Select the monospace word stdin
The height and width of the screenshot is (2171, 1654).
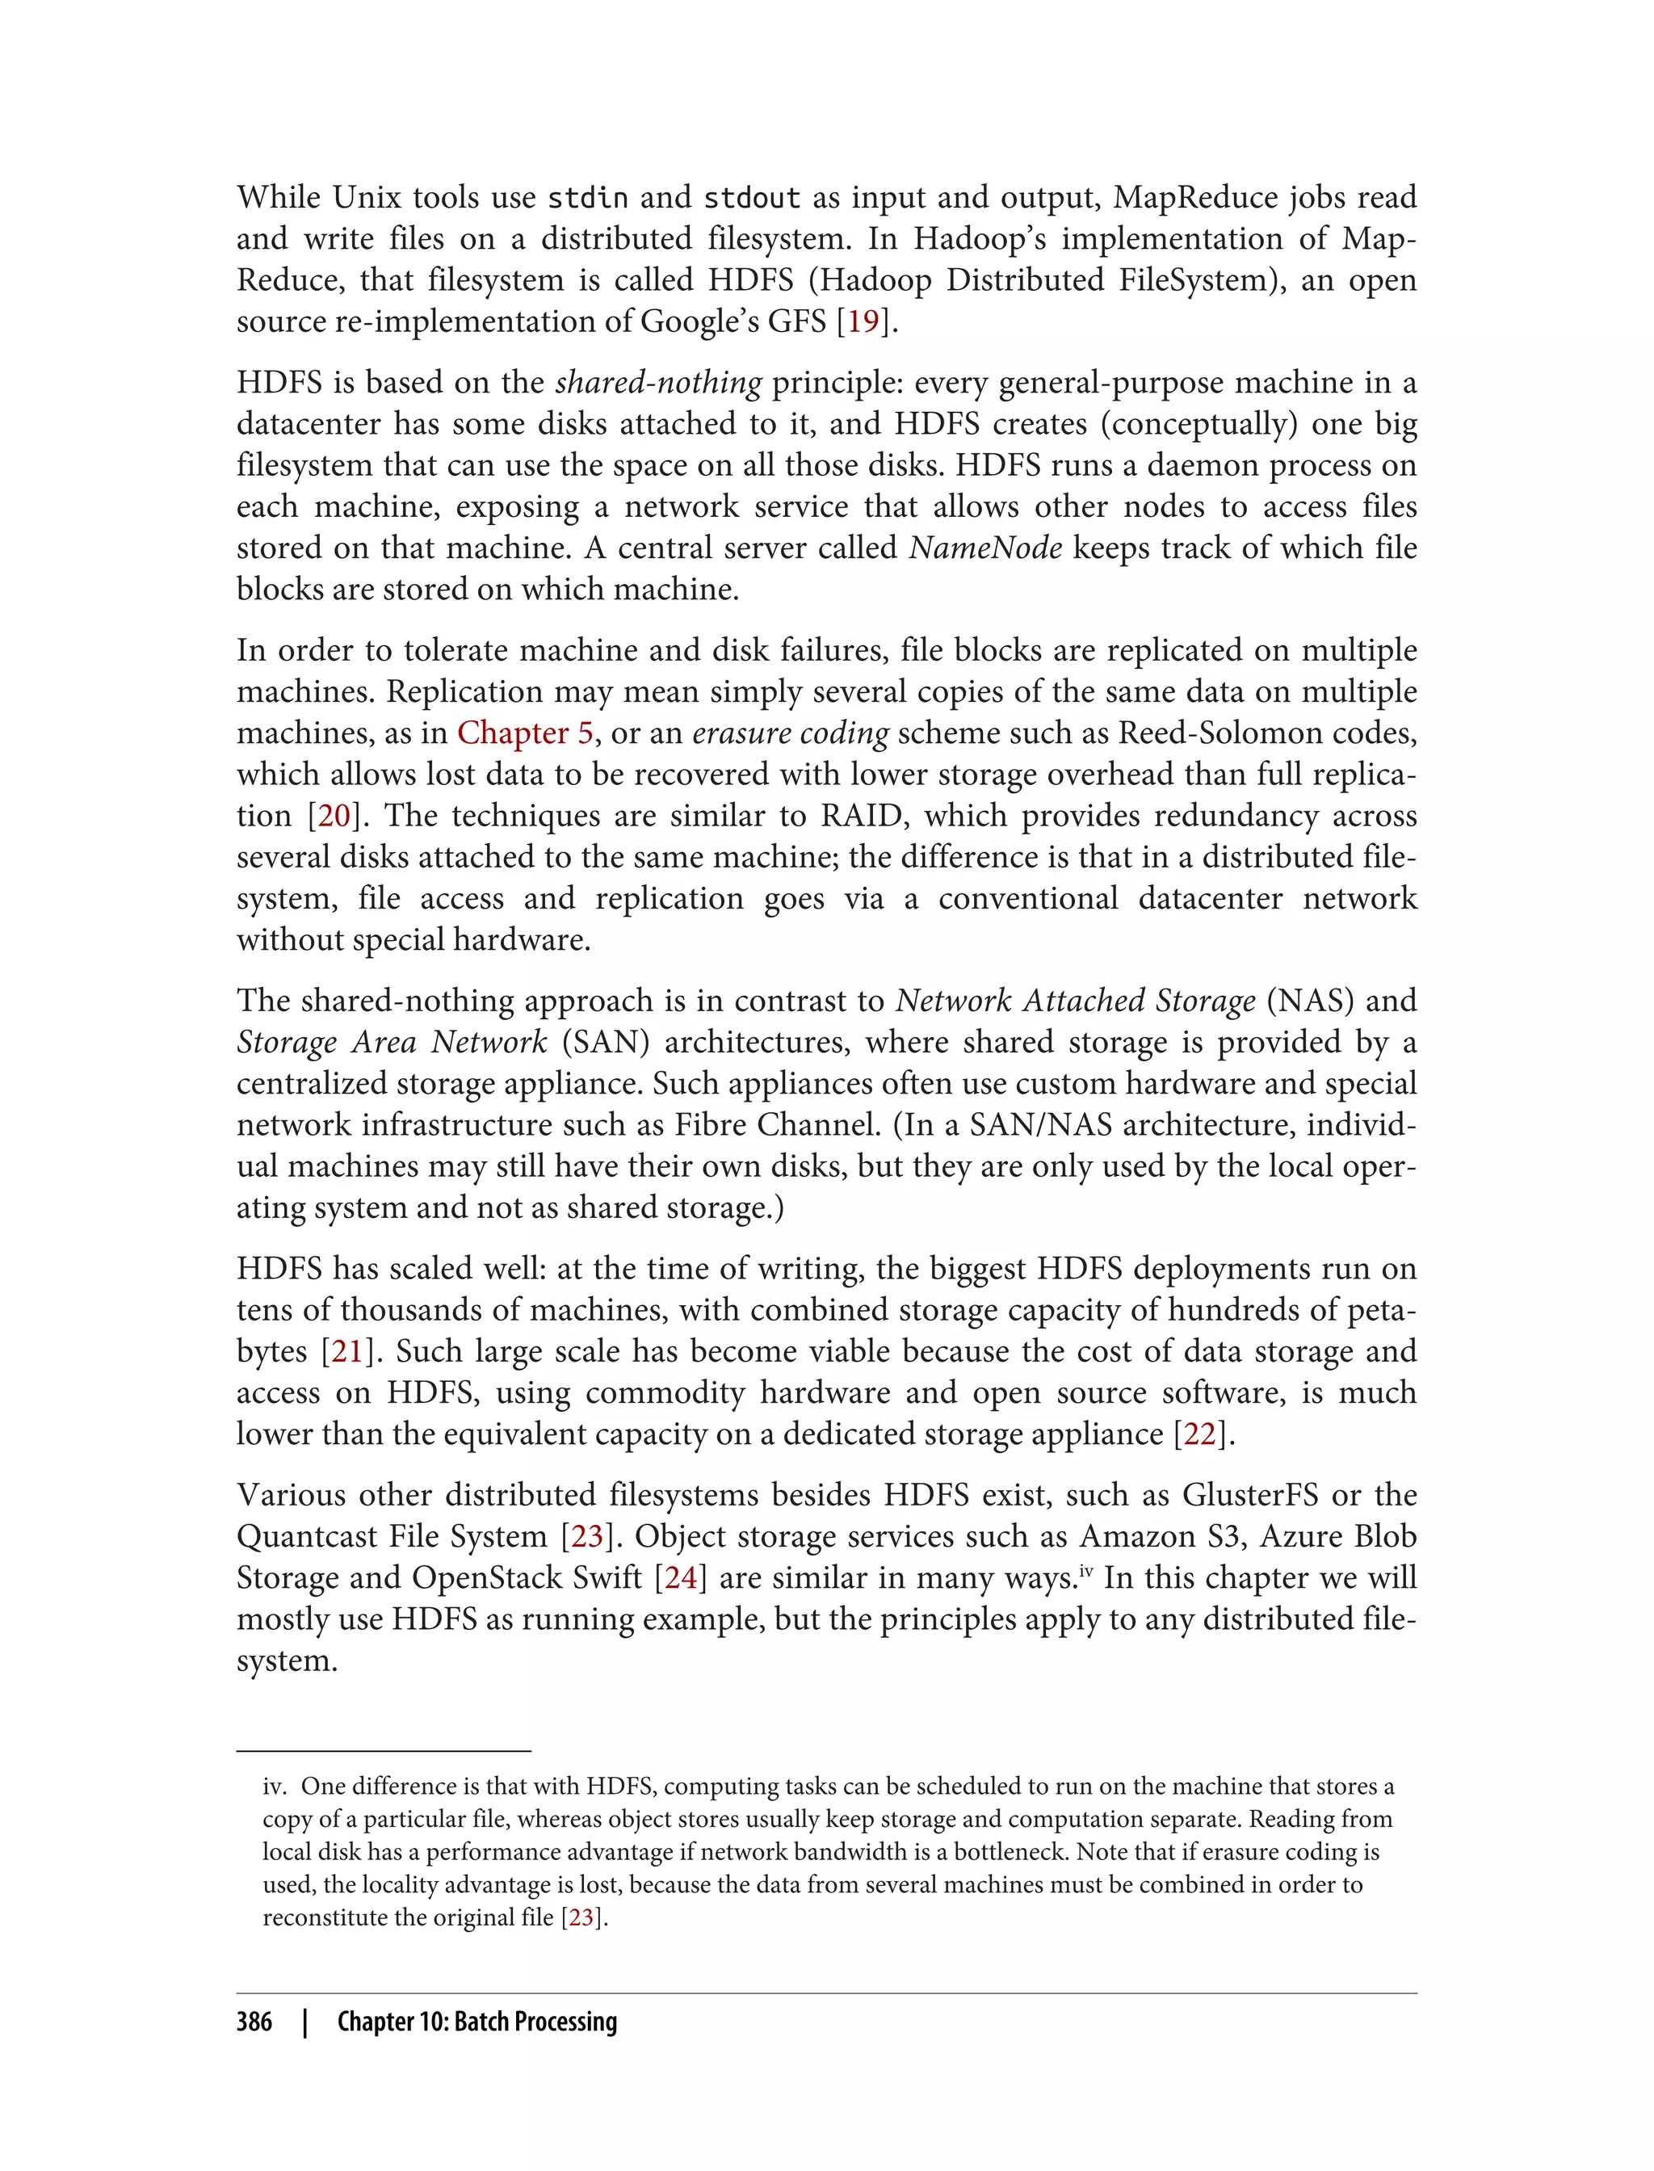point(587,198)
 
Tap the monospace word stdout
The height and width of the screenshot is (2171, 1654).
point(752,198)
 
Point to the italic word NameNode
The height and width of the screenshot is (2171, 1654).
point(984,548)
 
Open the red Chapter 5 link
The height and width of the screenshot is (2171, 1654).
point(525,733)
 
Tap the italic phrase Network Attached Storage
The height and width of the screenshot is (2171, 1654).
point(1075,1002)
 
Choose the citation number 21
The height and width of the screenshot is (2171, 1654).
point(347,1352)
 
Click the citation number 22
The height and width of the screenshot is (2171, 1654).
point(1199,1434)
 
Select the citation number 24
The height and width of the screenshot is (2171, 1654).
point(680,1578)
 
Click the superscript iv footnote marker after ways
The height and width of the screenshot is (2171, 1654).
point(1086,1570)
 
